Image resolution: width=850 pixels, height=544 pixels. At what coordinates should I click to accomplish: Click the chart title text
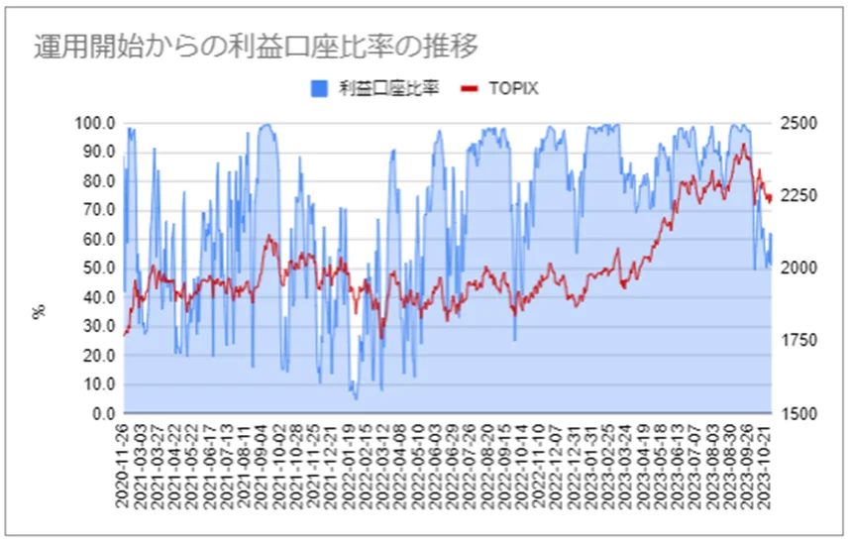256,47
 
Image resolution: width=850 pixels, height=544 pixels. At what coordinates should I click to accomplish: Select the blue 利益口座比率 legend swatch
318,89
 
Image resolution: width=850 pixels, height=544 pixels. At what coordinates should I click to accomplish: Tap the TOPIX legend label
513,89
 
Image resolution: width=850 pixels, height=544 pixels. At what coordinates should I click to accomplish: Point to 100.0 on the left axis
95,123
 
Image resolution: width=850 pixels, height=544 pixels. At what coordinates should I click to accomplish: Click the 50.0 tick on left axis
98,268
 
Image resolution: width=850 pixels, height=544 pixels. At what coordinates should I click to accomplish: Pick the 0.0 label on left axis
102,412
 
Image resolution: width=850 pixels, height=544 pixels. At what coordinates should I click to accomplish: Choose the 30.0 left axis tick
98,326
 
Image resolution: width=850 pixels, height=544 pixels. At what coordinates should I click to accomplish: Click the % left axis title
41,311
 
